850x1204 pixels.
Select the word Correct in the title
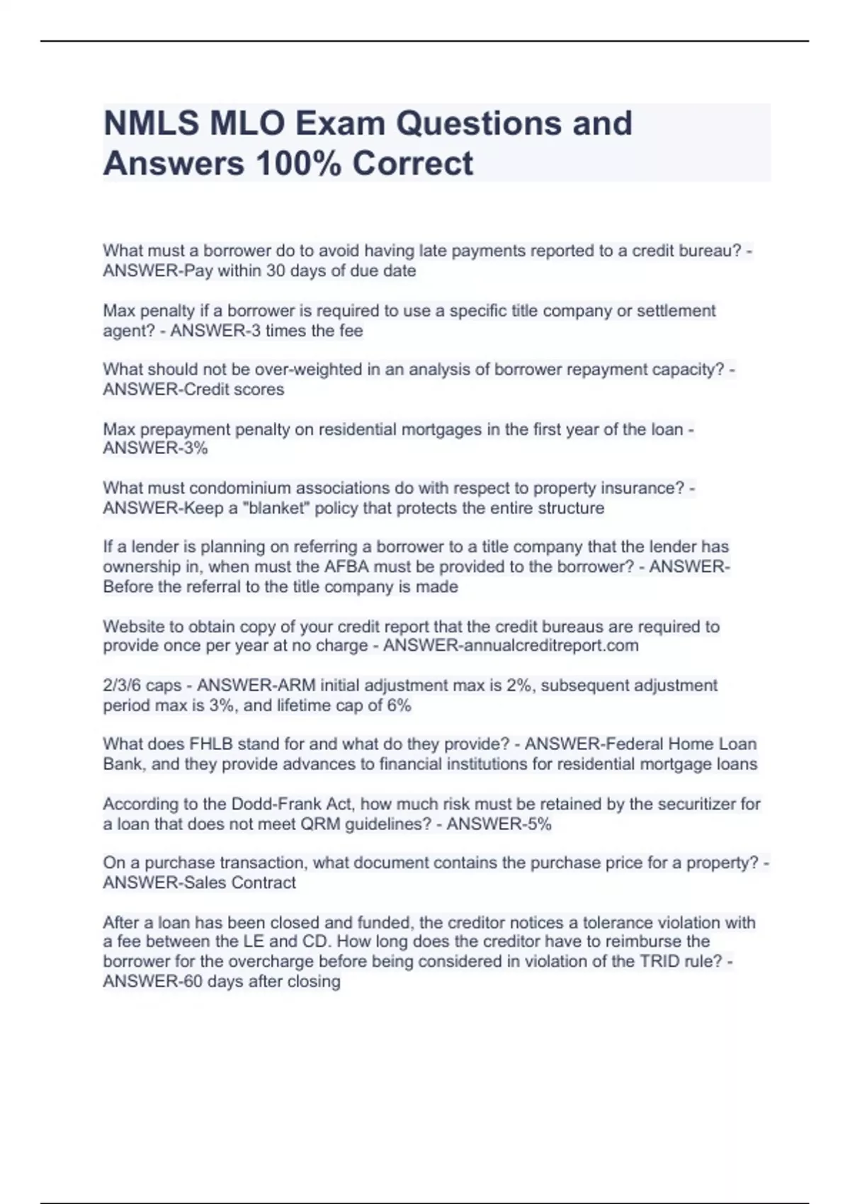412,163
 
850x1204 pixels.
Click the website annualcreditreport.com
550,645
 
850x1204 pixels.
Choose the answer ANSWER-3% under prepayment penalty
155,448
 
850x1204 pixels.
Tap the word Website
134,626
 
